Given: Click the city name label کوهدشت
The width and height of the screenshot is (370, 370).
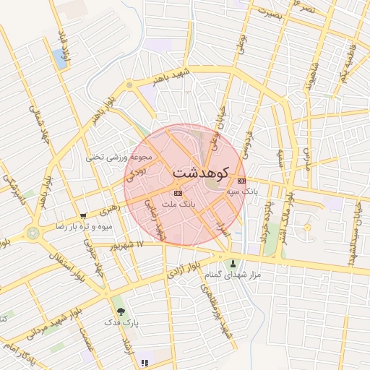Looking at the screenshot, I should click(200, 173).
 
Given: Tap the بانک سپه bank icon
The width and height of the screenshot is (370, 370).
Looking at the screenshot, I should click(241, 181).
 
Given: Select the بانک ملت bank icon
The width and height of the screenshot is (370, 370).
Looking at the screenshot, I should click(178, 193).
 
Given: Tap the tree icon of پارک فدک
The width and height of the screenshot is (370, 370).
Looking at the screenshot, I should click(120, 313).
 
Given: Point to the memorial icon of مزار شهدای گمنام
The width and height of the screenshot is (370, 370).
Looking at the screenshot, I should click(233, 263).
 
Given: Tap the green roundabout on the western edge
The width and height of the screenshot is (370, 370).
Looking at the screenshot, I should click(32, 233).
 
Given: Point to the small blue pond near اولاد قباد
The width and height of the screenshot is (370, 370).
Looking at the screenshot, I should click(57, 59).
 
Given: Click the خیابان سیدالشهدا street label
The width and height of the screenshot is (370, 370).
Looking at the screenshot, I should click(357, 228).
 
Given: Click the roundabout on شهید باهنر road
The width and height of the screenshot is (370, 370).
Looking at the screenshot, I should click(129, 85).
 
